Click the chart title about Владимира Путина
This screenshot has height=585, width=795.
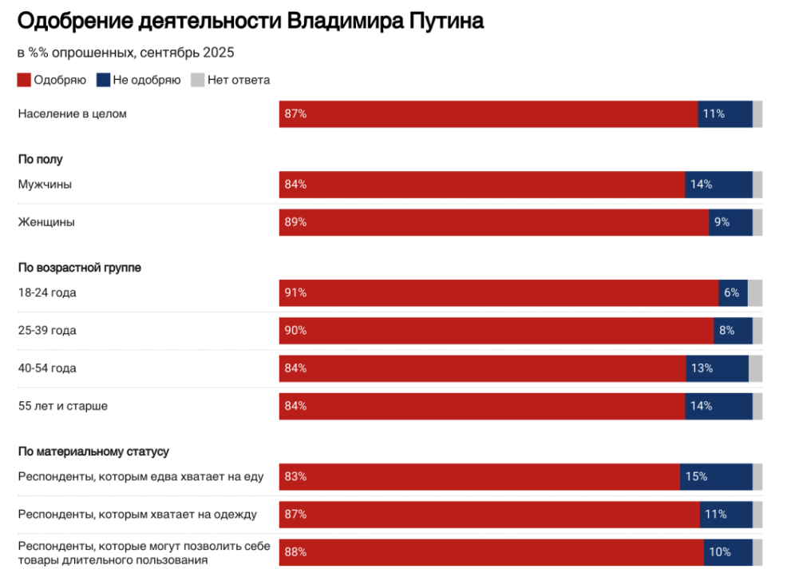(x=251, y=22)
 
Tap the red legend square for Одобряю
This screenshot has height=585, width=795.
(x=25, y=80)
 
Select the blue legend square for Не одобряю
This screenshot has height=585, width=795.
(x=103, y=80)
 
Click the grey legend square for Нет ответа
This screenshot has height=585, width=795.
(x=197, y=80)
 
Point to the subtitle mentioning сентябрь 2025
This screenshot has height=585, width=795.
(x=125, y=53)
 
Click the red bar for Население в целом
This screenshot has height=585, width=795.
(x=488, y=113)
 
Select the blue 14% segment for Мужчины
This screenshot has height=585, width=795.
(x=718, y=185)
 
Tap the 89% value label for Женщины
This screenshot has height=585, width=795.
(x=295, y=222)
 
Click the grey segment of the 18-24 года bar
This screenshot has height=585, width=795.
(x=755, y=293)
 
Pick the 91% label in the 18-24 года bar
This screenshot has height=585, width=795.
(x=295, y=293)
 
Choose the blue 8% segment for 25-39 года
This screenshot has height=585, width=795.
(x=733, y=331)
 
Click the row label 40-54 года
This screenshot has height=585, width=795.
(x=47, y=368)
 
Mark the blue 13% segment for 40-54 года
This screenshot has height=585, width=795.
(x=717, y=368)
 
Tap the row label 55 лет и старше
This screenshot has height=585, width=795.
(x=63, y=406)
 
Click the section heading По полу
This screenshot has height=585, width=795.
(x=40, y=159)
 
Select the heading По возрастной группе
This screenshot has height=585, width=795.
(x=80, y=268)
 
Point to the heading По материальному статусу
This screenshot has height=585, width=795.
(x=93, y=452)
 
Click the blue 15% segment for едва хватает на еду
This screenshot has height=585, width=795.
(x=716, y=477)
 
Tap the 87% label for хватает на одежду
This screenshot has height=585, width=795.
(x=295, y=515)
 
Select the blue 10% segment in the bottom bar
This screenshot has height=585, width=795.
(x=728, y=552)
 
